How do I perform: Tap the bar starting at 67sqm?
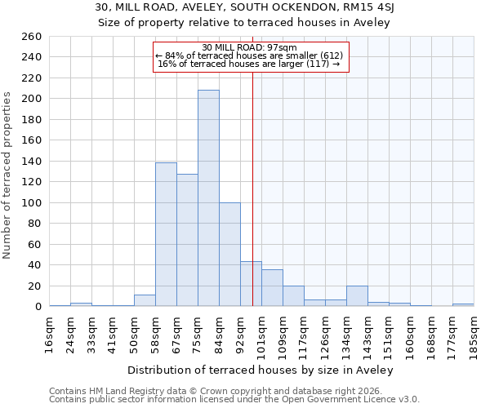point(187,240)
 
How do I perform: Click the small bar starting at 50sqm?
point(145,300)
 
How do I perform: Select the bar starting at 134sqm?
point(357,296)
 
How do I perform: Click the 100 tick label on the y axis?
point(31,202)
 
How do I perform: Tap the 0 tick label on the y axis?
point(38,307)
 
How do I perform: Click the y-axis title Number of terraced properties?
point(7,175)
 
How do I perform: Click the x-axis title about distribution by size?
point(261,370)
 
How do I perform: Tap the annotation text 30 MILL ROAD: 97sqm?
point(250,47)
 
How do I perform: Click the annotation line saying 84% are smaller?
point(250,55)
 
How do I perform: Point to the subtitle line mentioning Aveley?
point(244,23)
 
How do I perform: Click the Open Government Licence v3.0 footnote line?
point(234,400)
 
